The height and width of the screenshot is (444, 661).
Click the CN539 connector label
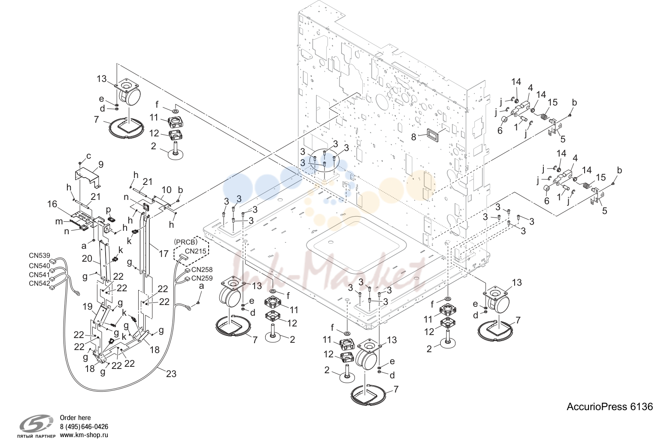point(39,256)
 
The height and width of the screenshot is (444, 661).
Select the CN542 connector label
point(39,284)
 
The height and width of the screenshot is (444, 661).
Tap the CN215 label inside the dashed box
point(196,251)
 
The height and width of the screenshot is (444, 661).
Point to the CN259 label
point(202,278)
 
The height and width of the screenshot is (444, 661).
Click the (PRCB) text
point(185,242)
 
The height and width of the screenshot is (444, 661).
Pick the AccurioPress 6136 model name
point(609,407)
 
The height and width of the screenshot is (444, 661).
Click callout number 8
point(413,137)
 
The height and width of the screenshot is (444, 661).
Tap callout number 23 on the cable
point(171,374)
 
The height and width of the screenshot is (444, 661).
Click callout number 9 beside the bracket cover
point(101,165)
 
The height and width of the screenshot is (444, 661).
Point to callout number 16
point(52,204)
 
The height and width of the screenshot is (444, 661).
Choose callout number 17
point(164,254)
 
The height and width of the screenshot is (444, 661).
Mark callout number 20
point(87,259)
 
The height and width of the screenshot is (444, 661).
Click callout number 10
point(167,190)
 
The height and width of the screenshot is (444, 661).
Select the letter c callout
point(88,156)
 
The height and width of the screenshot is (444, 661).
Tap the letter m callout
point(59,221)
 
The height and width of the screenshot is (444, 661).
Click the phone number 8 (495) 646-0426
point(84,426)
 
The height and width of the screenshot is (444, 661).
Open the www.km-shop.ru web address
point(84,435)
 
